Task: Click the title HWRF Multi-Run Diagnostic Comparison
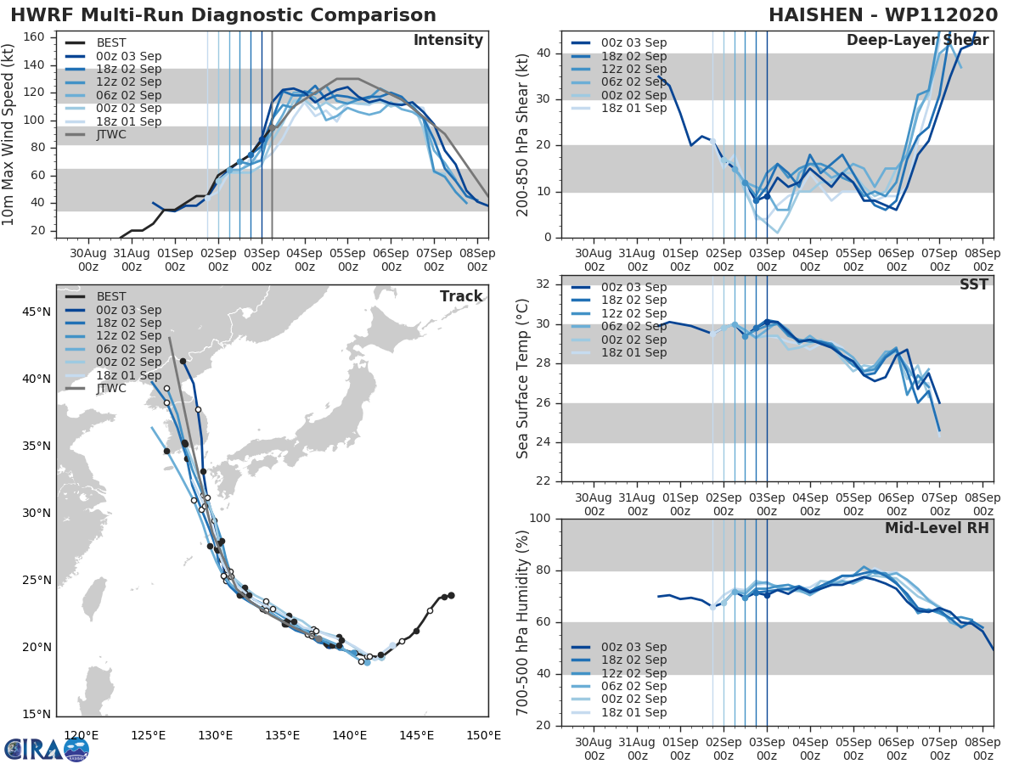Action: (x=223, y=15)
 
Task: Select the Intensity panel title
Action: (x=448, y=41)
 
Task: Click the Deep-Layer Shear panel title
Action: (x=918, y=41)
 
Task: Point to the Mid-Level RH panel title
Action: (x=937, y=528)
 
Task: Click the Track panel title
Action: (x=461, y=296)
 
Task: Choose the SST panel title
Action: (x=973, y=284)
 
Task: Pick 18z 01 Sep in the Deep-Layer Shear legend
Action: (x=633, y=109)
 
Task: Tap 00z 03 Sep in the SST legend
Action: (x=633, y=287)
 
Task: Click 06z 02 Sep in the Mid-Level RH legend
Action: (x=633, y=686)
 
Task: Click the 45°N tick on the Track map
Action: (x=36, y=312)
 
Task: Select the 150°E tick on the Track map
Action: (x=483, y=736)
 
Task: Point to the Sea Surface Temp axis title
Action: (x=523, y=379)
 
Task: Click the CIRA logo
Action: (x=47, y=749)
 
